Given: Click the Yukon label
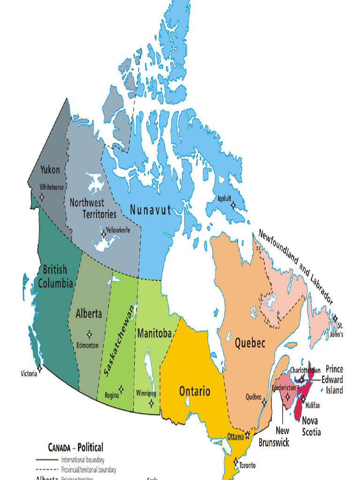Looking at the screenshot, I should (x=50, y=170).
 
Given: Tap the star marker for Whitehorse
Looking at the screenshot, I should (x=42, y=197).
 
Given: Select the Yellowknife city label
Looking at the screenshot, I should (x=118, y=230).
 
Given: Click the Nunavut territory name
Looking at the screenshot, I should (x=150, y=210).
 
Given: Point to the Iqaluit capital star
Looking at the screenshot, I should (x=233, y=205).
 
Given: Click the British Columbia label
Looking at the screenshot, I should (x=55, y=276).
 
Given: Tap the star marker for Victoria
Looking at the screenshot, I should (x=40, y=368).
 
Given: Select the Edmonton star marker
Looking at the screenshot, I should (x=89, y=334).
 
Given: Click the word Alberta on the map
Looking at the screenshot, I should (x=89, y=314).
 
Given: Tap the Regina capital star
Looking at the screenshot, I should (x=121, y=389).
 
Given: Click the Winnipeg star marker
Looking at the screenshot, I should (x=151, y=403).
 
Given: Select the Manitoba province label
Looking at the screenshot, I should (x=154, y=333).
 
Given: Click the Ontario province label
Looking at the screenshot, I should (x=195, y=391).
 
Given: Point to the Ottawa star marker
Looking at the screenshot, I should (x=247, y=435).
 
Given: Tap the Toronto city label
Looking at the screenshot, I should (x=247, y=465).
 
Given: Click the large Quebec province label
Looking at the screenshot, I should (x=250, y=343).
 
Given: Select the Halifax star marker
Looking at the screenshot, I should (x=303, y=399).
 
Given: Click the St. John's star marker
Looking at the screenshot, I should (x=335, y=318).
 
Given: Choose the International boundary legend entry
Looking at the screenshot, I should (x=82, y=460).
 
